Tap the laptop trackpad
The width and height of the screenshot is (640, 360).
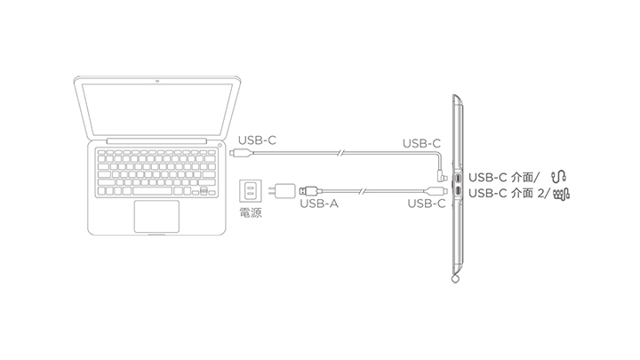point(156,216)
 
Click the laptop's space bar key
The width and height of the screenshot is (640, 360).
point(153,190)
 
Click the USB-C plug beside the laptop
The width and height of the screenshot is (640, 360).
point(233,154)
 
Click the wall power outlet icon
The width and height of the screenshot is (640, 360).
point(250,191)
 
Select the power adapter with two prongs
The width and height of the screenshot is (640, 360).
point(285,191)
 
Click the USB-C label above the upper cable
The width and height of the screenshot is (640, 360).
point(421,142)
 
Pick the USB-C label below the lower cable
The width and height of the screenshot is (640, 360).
point(426,204)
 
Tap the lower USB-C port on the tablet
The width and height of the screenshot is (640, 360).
point(457,189)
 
